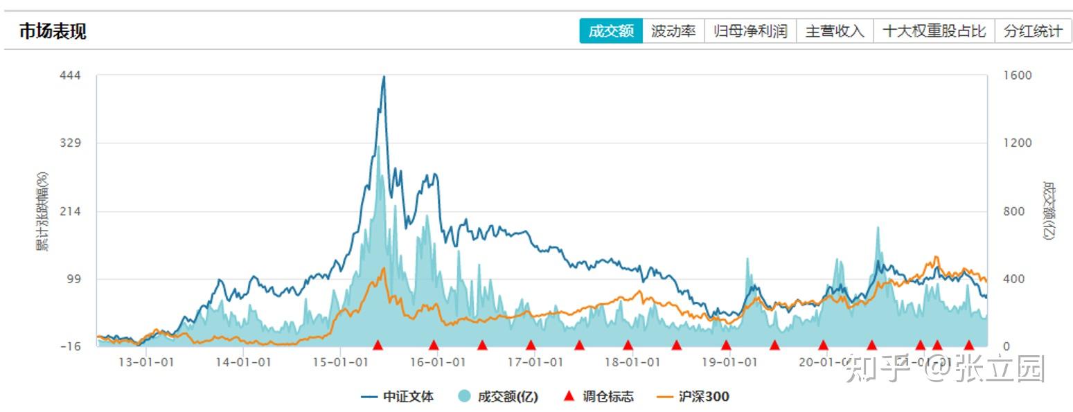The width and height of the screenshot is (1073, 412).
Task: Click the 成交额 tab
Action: pyautogui.click(x=611, y=31)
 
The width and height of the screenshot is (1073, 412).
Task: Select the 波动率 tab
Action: pyautogui.click(x=673, y=31)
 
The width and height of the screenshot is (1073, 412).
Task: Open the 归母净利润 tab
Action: pyautogui.click(x=751, y=31)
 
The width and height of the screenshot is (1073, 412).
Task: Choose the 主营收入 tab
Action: pyautogui.click(x=835, y=31)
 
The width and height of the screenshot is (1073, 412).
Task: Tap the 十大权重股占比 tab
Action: pyautogui.click(x=934, y=31)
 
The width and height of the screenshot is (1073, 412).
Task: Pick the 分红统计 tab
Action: pyautogui.click(x=1033, y=31)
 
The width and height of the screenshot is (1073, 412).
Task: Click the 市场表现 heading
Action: pyautogui.click(x=53, y=31)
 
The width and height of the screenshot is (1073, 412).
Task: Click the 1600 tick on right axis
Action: pyautogui.click(x=1018, y=75)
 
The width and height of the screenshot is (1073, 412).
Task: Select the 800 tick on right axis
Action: pyautogui.click(x=1013, y=211)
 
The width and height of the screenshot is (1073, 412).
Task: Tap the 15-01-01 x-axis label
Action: pyautogui.click(x=339, y=362)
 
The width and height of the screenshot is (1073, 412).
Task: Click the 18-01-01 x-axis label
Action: pyautogui.click(x=630, y=362)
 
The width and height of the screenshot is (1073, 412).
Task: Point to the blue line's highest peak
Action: pyautogui.click(x=384, y=77)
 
